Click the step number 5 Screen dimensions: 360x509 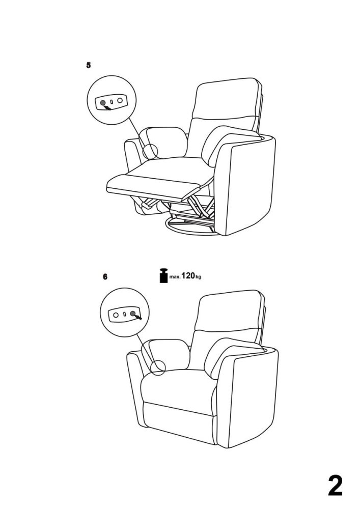tap(88, 65)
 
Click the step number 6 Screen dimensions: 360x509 tap(105, 277)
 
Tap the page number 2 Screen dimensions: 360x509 tap(335, 486)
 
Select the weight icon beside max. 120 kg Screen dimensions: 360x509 tap(164, 275)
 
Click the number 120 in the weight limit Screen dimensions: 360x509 tap(188, 276)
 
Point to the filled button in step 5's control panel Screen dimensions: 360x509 tap(103, 103)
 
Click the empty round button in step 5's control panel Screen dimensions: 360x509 tap(120, 100)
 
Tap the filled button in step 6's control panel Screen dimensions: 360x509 tap(133, 313)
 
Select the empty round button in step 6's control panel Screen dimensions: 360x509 tap(116, 315)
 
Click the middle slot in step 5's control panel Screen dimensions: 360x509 tap(112, 102)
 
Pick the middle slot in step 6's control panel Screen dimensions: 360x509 tap(124, 314)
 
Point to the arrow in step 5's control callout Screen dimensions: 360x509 tap(106, 107)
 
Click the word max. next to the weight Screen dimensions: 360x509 tap(175, 277)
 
